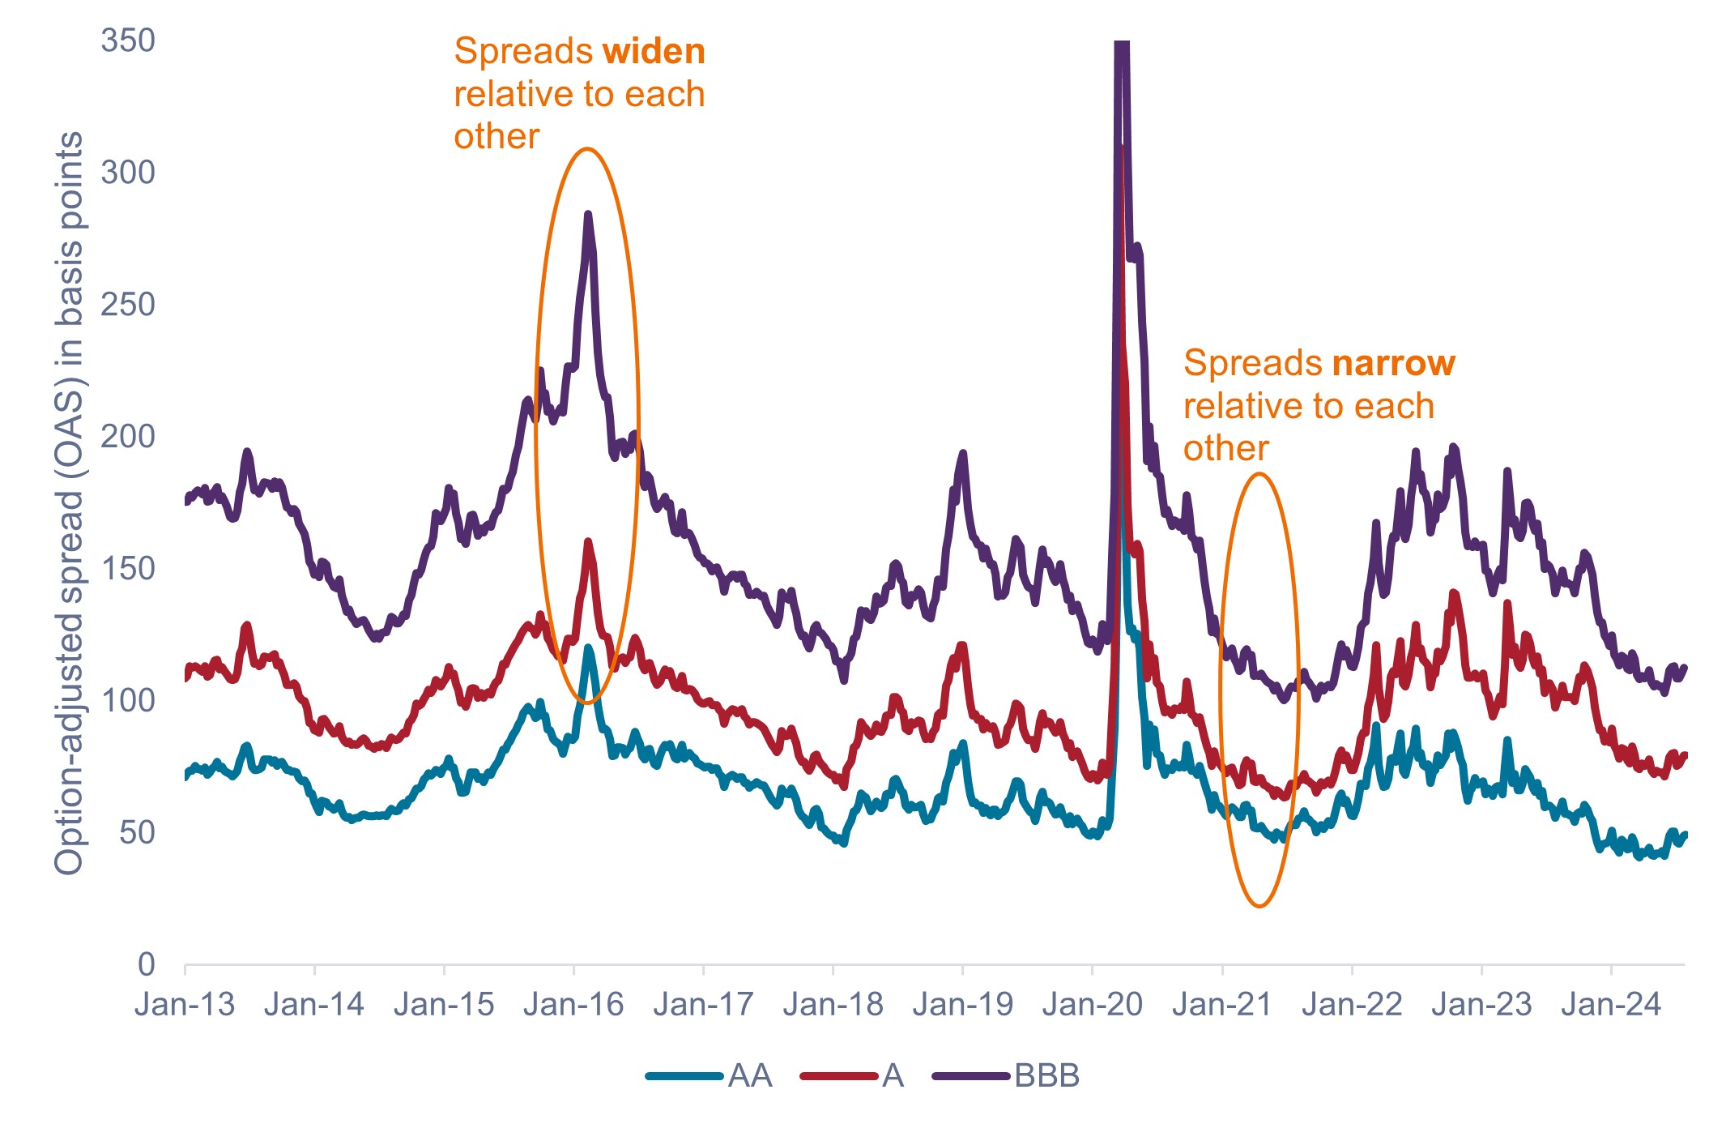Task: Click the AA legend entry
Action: (710, 1076)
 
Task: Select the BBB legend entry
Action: (1007, 1076)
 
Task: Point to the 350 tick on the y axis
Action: (127, 41)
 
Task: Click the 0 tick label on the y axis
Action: (146, 964)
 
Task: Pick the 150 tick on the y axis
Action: (127, 569)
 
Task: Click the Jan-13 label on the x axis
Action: (185, 1005)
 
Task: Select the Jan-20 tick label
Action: (1092, 1005)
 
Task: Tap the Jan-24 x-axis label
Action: (1611, 1005)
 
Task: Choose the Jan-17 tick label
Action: (703, 1005)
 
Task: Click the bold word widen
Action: (654, 52)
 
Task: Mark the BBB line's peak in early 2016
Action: (588, 215)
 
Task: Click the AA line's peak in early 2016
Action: (588, 647)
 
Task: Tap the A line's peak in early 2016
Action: (588, 541)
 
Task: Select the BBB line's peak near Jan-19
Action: (962, 453)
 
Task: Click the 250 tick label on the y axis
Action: (127, 305)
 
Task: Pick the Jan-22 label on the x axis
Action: (1352, 1005)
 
